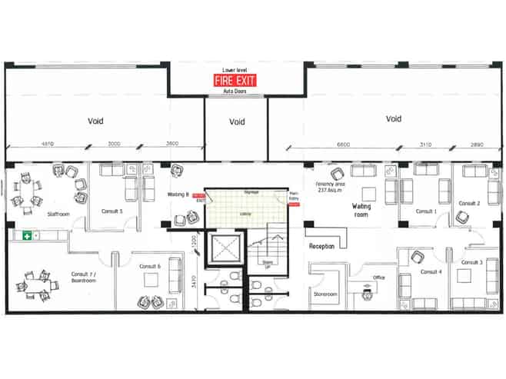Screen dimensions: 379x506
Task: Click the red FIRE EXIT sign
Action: [236, 80]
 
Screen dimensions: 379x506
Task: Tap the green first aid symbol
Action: [27, 235]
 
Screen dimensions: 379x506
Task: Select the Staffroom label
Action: [58, 214]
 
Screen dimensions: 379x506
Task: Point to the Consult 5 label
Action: [112, 210]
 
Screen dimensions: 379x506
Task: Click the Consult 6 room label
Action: [150, 266]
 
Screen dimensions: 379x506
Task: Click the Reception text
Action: [322, 246]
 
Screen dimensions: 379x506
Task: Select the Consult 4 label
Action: [431, 271]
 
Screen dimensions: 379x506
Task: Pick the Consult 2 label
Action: [470, 203]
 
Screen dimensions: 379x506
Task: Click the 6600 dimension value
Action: [343, 145]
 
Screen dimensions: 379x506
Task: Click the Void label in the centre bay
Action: [237, 121]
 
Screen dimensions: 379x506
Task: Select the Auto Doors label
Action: [234, 92]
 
